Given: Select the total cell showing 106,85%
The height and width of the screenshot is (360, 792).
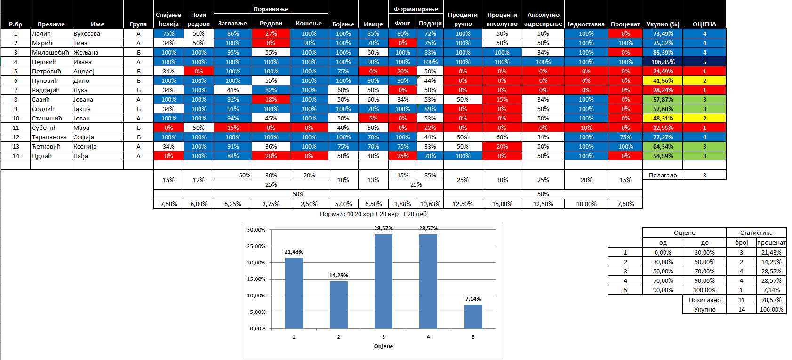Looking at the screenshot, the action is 663,62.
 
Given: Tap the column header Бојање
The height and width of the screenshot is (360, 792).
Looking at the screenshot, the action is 343,24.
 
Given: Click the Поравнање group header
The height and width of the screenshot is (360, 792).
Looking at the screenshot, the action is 271,9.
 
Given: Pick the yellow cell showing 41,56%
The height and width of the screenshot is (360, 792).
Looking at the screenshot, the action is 663,80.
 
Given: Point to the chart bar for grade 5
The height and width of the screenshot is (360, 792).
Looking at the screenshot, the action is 473,317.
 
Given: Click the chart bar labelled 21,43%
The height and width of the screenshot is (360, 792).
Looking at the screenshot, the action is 294,293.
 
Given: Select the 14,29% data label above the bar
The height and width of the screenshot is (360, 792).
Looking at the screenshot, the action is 338,275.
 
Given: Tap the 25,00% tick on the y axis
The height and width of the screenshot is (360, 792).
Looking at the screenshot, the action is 256,246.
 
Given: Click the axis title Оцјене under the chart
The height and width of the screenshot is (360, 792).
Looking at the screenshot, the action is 383,346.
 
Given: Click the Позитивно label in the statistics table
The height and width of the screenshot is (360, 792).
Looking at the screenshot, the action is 704,300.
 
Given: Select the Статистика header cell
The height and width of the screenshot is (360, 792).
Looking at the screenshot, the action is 756,232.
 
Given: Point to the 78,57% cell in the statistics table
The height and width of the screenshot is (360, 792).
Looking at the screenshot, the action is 771,300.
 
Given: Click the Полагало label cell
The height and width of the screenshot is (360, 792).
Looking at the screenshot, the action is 663,175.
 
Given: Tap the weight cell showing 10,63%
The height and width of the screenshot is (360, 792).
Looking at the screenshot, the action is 430,204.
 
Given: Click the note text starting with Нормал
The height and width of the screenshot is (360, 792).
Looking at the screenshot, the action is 373,214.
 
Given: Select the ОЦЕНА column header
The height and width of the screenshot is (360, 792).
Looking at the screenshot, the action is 704,24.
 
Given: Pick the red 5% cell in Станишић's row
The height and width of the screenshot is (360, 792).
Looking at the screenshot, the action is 373,119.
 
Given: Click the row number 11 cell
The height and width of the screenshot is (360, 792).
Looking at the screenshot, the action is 16,128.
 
